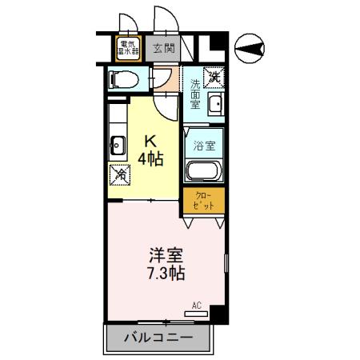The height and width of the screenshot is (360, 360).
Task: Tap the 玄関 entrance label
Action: [x=163, y=49]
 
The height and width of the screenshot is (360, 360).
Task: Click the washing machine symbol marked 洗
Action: [x=214, y=78]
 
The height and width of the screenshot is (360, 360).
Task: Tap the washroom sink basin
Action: [x=214, y=104]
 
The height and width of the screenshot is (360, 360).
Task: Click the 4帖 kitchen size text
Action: [x=150, y=158]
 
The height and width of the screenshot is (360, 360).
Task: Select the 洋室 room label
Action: [x=166, y=256]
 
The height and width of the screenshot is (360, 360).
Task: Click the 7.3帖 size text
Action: [x=166, y=274]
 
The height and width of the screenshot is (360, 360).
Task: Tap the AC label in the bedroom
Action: [x=197, y=305]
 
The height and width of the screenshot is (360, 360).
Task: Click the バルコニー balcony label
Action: [x=158, y=338]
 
